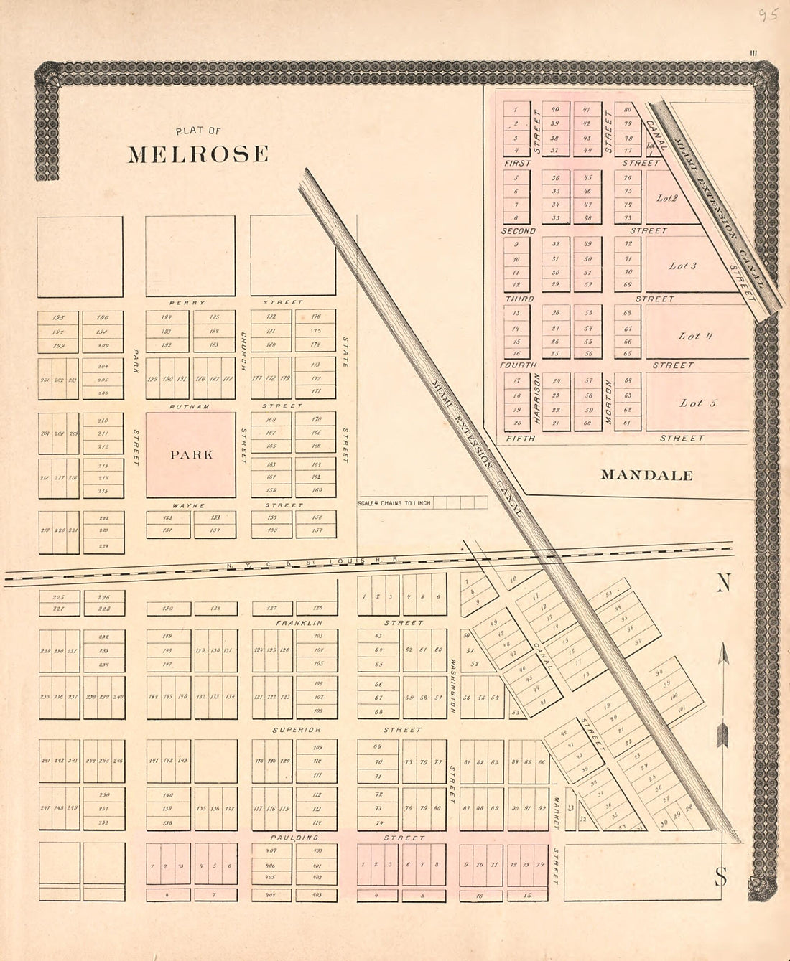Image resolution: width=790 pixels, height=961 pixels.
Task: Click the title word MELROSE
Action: point(198,154)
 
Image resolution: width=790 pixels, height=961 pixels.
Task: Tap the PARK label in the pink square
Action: point(191,454)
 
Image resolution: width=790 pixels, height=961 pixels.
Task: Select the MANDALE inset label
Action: point(646,475)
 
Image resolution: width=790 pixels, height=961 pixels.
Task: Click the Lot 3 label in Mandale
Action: point(682,266)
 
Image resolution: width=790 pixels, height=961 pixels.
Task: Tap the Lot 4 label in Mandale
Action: point(694,336)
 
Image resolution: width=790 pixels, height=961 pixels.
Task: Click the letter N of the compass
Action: point(722,584)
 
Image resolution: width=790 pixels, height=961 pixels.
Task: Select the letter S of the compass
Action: point(720,876)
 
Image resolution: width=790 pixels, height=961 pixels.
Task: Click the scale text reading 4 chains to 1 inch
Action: point(394,503)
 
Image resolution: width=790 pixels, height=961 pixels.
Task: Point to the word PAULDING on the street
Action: point(294,838)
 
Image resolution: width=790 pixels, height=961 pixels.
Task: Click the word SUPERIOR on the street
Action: point(296,730)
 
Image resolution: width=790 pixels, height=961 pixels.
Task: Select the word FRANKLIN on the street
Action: point(299,623)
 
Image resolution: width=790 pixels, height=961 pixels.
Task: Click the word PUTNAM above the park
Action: point(190,406)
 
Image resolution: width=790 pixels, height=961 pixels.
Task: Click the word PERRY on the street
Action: point(187,303)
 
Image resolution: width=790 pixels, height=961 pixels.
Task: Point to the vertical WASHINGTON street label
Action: point(453,685)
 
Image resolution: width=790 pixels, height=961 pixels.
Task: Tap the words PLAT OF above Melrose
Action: point(198,131)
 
